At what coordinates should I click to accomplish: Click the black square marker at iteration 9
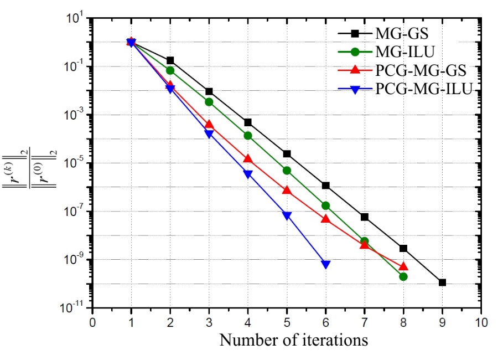442,282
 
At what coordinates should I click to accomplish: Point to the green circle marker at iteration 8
403,276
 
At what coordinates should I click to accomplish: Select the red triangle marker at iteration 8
403,266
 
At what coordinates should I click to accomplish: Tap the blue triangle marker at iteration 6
325,265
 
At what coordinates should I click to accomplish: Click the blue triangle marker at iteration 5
287,216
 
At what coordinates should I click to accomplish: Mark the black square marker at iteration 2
170,60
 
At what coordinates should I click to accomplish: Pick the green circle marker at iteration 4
248,136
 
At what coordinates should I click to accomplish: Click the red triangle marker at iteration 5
287,190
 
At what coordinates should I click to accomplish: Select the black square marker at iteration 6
325,186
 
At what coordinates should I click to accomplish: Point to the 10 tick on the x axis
481,322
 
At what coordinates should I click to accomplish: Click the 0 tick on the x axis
92,322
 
